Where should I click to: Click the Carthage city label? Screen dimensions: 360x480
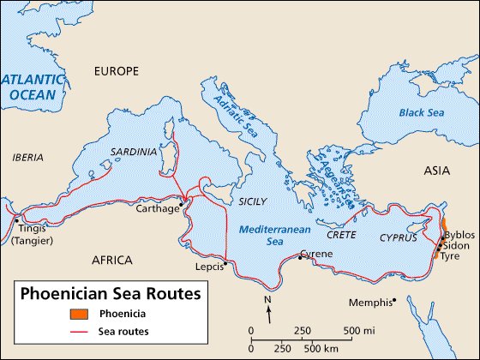tap(158, 208)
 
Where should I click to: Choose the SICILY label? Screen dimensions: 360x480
tap(253, 201)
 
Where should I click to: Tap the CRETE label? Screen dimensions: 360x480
tap(341, 234)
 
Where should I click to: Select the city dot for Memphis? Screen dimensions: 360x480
tap(394, 302)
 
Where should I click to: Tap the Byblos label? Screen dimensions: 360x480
tap(459, 234)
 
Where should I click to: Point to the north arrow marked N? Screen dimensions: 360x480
tap(269, 309)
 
